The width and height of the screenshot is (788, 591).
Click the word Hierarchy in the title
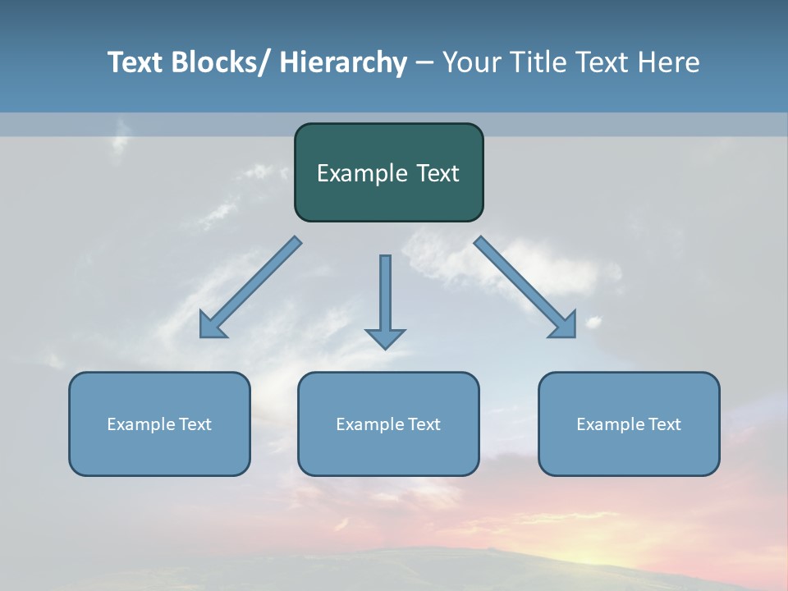click(343, 62)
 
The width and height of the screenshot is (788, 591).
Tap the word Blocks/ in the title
click(222, 62)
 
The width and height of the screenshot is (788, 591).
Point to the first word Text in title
click(135, 62)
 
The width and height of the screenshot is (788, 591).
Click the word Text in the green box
click(437, 173)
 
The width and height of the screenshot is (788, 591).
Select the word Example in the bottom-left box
click(140, 424)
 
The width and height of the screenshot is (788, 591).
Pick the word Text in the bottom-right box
click(665, 424)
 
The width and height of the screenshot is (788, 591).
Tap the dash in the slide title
click(424, 63)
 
